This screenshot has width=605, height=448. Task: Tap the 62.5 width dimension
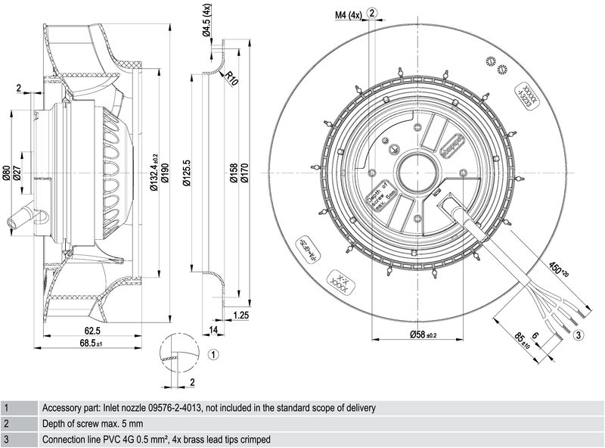point(92,331)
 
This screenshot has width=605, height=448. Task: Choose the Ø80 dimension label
point(7,175)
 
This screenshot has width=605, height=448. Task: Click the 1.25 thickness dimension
point(241,315)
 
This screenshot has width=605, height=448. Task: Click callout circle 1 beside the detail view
point(213,353)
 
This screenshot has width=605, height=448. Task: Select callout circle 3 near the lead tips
point(578,334)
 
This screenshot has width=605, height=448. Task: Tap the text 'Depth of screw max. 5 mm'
point(92,424)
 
